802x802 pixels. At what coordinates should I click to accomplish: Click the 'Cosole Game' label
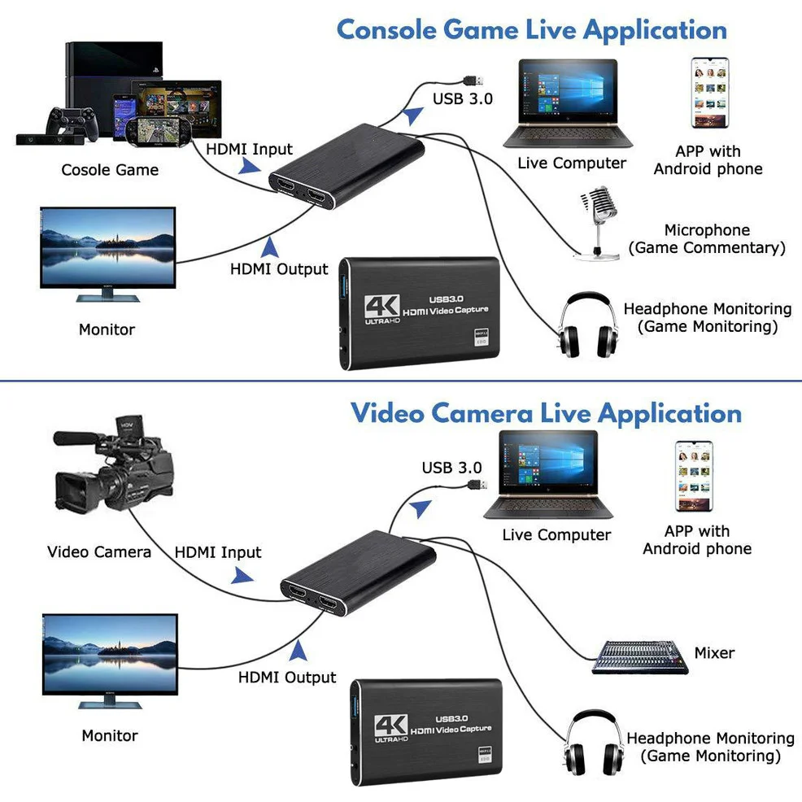(x=110, y=170)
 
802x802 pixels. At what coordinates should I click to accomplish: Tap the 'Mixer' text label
(x=714, y=652)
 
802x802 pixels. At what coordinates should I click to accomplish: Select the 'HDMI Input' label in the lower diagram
(x=218, y=552)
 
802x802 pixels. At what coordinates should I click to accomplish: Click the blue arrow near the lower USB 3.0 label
(x=421, y=510)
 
